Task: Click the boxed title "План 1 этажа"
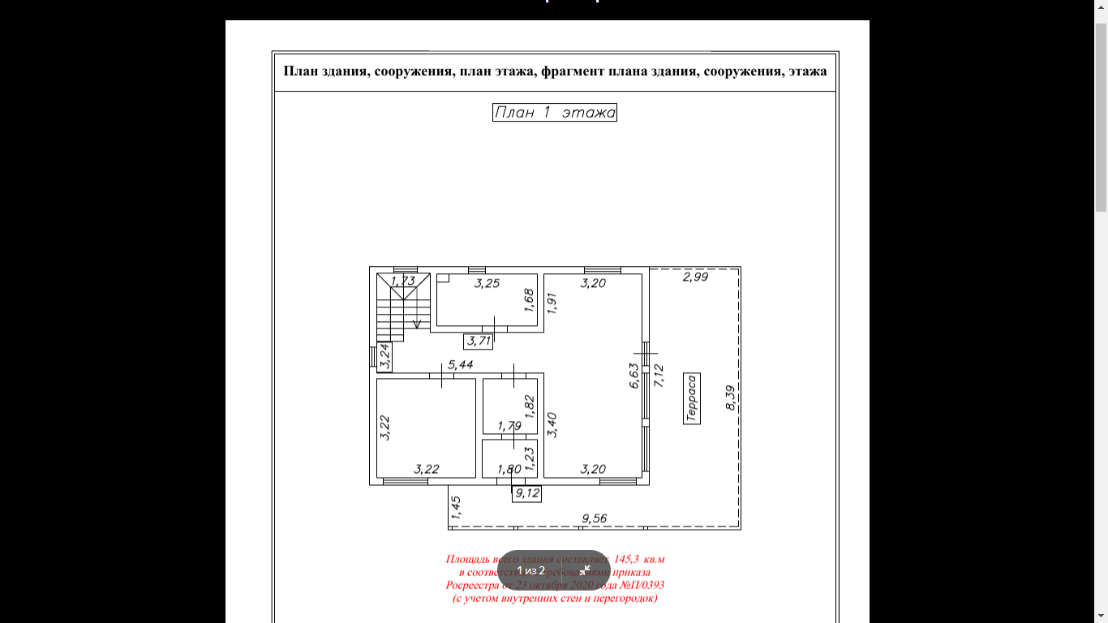555,113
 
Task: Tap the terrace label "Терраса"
691,398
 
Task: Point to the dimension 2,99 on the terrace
695,277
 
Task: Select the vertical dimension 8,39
730,397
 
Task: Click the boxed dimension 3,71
478,342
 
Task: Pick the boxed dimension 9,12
526,493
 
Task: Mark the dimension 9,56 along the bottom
595,519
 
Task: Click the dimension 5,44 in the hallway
460,365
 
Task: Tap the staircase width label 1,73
402,281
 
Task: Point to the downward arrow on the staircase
417,324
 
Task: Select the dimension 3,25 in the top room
487,283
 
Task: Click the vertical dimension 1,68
529,300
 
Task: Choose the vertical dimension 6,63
634,376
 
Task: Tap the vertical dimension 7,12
659,376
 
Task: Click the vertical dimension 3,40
552,424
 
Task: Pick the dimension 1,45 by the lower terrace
456,507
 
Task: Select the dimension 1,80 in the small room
509,469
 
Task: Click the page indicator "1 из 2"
531,570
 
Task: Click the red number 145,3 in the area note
627,559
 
